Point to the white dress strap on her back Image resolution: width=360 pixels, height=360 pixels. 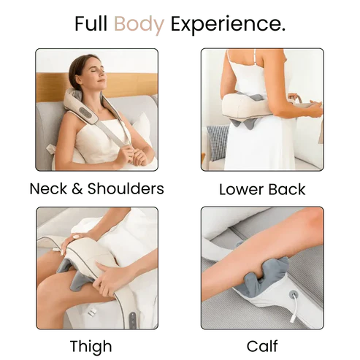(233, 62)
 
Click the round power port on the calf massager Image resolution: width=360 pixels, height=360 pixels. (294, 296)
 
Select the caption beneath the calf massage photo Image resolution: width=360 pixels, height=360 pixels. (262, 345)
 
